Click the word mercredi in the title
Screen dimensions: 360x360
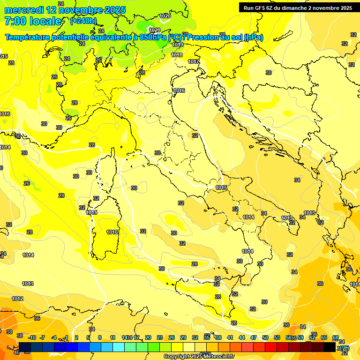click(24, 10)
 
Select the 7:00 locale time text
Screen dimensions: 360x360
click(33, 21)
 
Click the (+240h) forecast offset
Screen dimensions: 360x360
click(83, 21)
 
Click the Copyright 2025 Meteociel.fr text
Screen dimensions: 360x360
click(199, 356)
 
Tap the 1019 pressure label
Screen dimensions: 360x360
click(177, 45)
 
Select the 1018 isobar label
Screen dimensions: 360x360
click(177, 55)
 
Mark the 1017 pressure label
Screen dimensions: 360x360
click(194, 61)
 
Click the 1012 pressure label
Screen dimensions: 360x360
click(17, 299)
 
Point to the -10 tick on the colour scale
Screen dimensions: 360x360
click(32, 337)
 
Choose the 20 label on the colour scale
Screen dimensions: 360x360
click(148, 337)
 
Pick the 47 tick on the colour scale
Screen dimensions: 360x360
click(254, 337)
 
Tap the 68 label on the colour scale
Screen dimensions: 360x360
click(336, 337)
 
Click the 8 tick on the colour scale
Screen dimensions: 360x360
click(100, 337)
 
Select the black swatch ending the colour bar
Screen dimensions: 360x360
click(330, 347)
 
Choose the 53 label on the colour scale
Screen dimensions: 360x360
click(277, 337)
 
